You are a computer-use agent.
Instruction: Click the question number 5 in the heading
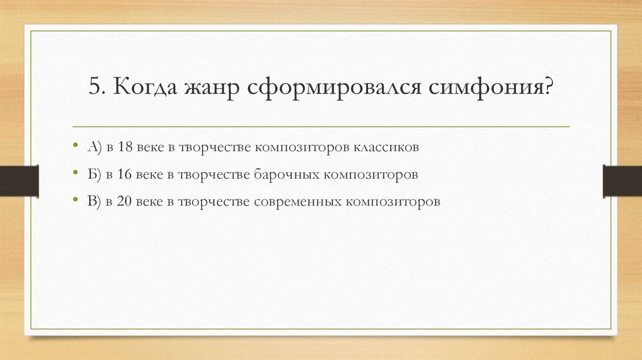(x=95, y=87)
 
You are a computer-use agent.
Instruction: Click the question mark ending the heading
(x=548, y=87)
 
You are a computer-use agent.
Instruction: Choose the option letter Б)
(x=95, y=174)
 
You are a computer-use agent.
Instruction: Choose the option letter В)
(x=95, y=201)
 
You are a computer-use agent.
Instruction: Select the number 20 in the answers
(x=124, y=201)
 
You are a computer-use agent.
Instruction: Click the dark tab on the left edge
(x=19, y=180)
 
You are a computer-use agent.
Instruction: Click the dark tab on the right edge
(x=622, y=180)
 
